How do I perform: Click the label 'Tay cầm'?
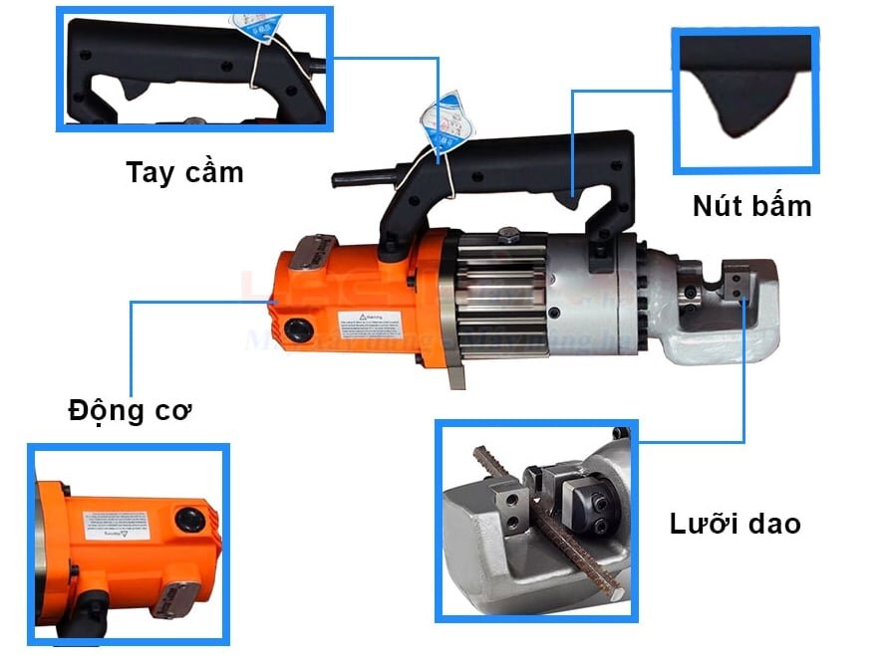tap(184, 171)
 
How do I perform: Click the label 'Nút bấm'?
tap(751, 206)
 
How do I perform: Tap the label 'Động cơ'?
tap(130, 409)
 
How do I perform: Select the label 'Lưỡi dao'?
tap(735, 523)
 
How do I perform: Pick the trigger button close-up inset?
tap(746, 100)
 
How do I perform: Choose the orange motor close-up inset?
tap(128, 544)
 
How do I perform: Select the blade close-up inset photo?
tap(536, 520)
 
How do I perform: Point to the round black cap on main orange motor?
tap(296, 330)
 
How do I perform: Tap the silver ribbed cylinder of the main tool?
tap(502, 289)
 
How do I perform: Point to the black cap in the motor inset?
tap(187, 518)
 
